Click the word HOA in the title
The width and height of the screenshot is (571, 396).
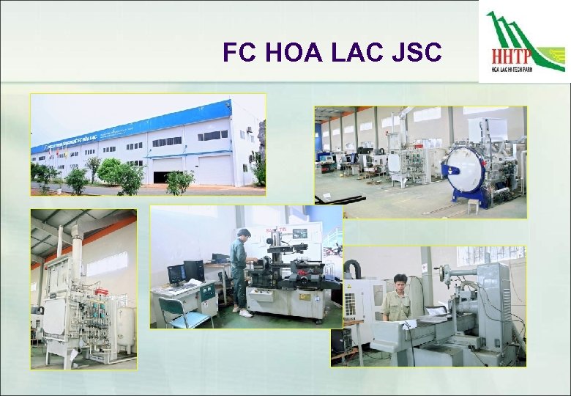(289, 53)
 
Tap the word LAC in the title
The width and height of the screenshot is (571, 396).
(354, 53)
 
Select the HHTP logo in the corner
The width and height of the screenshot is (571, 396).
(525, 43)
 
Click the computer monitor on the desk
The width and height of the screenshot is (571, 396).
(176, 274)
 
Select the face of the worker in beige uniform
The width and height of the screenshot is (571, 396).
(400, 283)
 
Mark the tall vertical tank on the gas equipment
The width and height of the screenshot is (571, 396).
(75, 253)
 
